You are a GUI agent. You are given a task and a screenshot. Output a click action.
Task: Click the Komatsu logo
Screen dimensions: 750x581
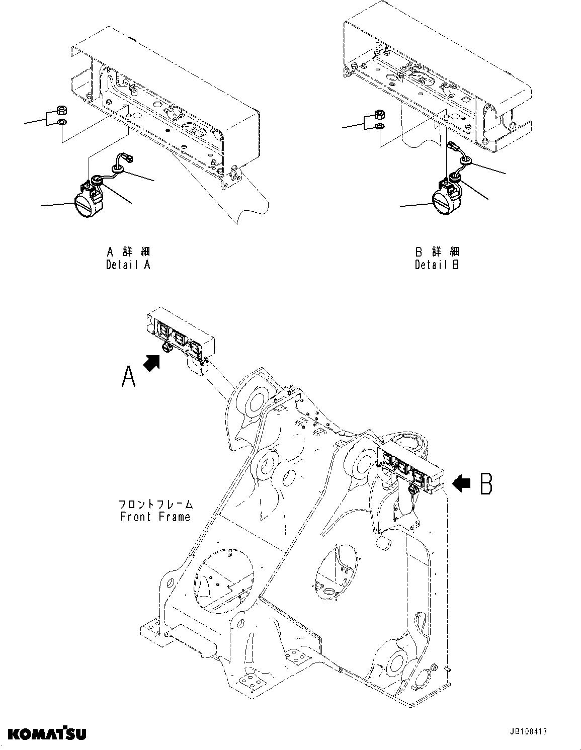[x=47, y=733]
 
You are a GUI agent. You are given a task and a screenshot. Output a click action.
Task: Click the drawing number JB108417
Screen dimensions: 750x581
[x=527, y=732]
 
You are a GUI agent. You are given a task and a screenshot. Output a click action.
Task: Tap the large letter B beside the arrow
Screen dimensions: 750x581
[x=485, y=484]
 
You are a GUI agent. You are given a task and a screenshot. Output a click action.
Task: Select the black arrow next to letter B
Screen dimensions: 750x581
[x=461, y=483]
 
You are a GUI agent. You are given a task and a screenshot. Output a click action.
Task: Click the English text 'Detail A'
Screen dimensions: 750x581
[x=128, y=265]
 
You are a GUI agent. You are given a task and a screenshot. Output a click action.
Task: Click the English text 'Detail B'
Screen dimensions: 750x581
[x=437, y=265]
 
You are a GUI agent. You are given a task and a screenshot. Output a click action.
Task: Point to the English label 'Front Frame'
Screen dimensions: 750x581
[x=155, y=517]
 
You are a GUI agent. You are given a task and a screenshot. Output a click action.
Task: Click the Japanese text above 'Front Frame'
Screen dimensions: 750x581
[x=155, y=504]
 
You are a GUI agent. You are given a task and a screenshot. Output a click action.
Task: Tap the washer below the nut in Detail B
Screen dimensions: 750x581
[x=380, y=126]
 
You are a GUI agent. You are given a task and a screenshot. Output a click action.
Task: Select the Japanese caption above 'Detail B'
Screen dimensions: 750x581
[x=437, y=252]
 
